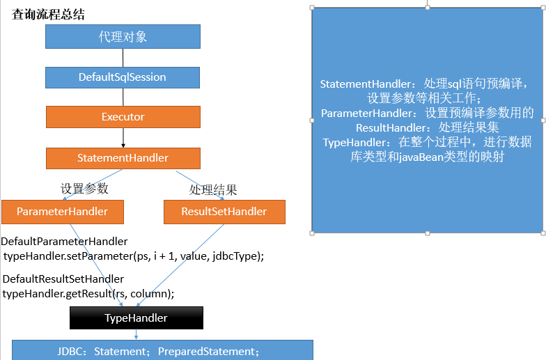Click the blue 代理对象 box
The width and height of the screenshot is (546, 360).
click(123, 36)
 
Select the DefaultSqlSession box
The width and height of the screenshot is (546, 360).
click(123, 77)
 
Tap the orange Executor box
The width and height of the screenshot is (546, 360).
click(123, 116)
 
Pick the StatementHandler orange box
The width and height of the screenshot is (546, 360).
click(123, 158)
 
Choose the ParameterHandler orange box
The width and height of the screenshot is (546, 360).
click(62, 212)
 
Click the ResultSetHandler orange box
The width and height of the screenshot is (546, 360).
click(224, 212)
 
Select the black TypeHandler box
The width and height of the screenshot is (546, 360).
click(136, 318)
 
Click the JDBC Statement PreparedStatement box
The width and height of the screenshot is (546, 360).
click(162, 351)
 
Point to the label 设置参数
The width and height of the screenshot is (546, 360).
click(84, 188)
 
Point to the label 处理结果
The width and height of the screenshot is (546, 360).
click(213, 189)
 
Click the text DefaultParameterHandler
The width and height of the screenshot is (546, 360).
click(64, 242)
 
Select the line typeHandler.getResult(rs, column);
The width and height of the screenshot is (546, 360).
click(88, 293)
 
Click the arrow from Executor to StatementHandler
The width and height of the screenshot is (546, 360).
click(123, 138)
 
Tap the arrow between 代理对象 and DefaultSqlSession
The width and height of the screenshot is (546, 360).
click(123, 57)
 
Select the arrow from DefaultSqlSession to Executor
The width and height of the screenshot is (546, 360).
click(123, 96)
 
